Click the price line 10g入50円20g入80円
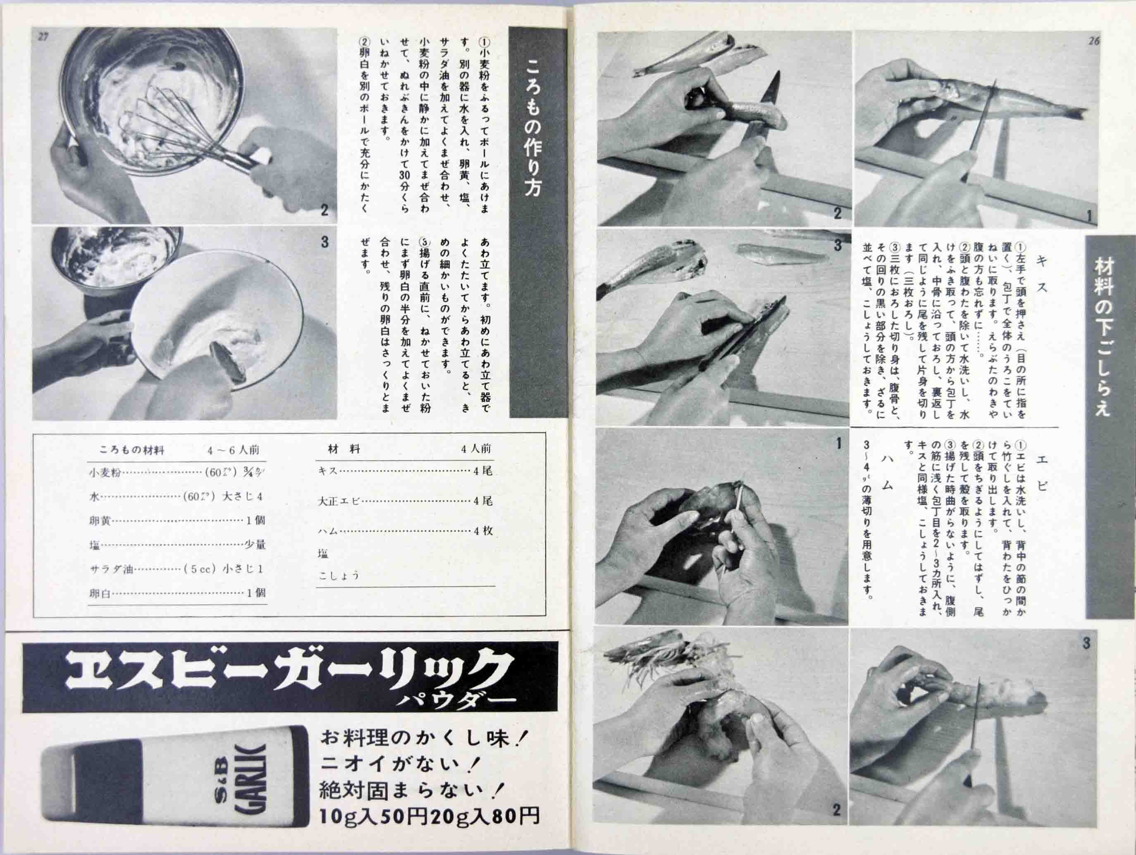tap(429, 815)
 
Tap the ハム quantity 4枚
tap(483, 530)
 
